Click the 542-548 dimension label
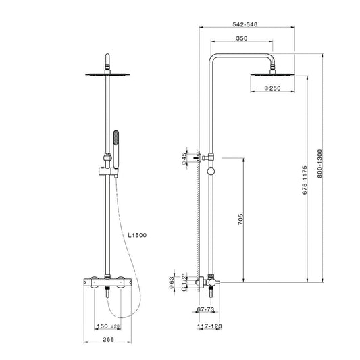point(245,24)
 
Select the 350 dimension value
point(242,38)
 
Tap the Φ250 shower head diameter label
point(272,88)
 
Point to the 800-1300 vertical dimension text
point(319,163)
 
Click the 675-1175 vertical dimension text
point(305,180)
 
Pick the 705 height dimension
point(240,220)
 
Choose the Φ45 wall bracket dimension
point(184,159)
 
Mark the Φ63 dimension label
point(172,283)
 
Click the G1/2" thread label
point(184,282)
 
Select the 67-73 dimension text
point(205,309)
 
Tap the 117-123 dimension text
point(209,326)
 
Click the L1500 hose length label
point(137,235)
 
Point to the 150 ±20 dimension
point(108,326)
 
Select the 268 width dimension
point(108,339)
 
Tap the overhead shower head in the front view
point(107,74)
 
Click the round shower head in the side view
point(272,74)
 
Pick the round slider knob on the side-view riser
point(211,172)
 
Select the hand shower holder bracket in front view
point(108,172)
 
